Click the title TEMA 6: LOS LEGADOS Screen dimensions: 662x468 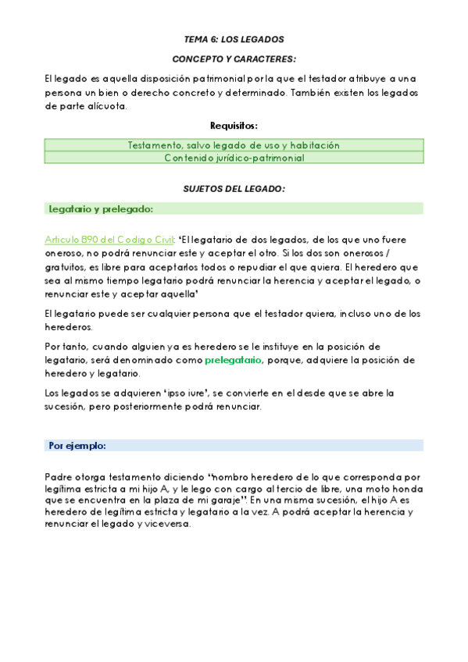[x=234, y=38]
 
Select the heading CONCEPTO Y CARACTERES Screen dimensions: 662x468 [x=234, y=59]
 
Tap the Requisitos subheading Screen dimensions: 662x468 [x=234, y=126]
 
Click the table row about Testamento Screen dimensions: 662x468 [x=234, y=145]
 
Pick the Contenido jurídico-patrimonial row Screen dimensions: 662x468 [x=234, y=158]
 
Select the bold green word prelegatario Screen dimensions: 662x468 [x=234, y=360]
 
